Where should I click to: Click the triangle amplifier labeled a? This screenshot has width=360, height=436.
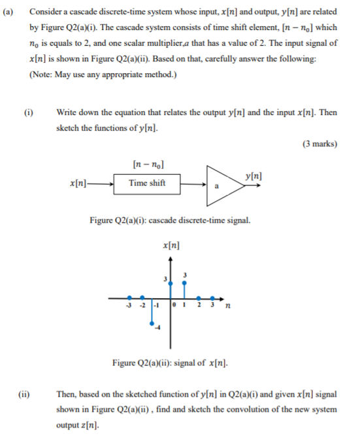point(220,184)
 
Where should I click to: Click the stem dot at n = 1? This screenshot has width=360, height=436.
point(185,282)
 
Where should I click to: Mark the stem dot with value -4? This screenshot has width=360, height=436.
point(153,322)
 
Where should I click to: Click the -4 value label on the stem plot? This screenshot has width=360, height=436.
point(157,328)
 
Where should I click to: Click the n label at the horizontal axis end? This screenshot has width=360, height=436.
point(227,305)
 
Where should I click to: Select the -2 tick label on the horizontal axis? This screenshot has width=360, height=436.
point(142,305)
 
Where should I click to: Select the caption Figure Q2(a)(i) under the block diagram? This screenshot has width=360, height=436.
point(124,220)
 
